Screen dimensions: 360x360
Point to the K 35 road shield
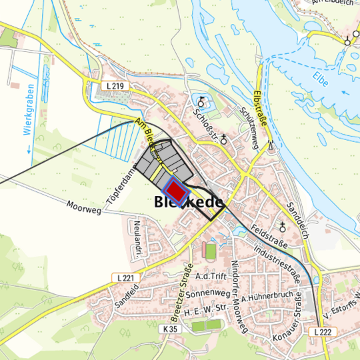point(171,329)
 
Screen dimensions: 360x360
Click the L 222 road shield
point(321,331)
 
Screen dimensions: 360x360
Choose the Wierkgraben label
point(29,109)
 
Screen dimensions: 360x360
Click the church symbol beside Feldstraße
point(283,225)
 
